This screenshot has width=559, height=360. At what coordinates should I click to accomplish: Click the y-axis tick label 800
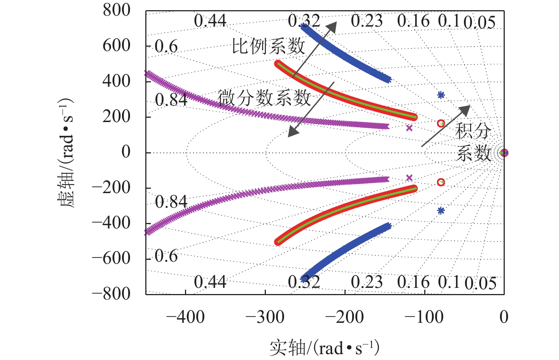(x=116, y=10)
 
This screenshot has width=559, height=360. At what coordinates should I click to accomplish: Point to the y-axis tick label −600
(x=111, y=258)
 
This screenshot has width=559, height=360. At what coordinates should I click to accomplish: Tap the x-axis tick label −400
(x=185, y=317)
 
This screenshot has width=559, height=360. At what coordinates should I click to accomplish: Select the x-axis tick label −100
(x=424, y=317)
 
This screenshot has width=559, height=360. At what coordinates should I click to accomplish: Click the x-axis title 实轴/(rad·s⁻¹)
(x=324, y=348)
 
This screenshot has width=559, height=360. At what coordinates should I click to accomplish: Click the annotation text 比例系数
(x=268, y=47)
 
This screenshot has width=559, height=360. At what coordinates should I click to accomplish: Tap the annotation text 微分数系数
(x=264, y=98)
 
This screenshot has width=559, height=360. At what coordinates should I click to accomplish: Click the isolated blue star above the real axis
(x=441, y=95)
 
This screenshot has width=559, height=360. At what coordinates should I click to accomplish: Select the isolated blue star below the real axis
(x=441, y=210)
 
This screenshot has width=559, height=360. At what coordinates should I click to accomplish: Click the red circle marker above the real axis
(x=441, y=124)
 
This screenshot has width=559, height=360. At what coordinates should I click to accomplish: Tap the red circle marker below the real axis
(x=441, y=182)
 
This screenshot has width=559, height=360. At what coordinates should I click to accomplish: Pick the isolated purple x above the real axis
(x=409, y=128)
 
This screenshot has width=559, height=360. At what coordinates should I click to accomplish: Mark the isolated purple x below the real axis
(x=409, y=177)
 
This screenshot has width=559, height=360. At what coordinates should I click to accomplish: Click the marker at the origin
(x=504, y=153)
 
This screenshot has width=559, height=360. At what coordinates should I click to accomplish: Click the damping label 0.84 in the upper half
(x=171, y=100)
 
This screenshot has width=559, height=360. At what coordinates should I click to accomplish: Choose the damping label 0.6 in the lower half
(x=166, y=256)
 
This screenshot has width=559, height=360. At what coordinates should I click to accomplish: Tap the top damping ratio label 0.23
(x=367, y=21)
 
